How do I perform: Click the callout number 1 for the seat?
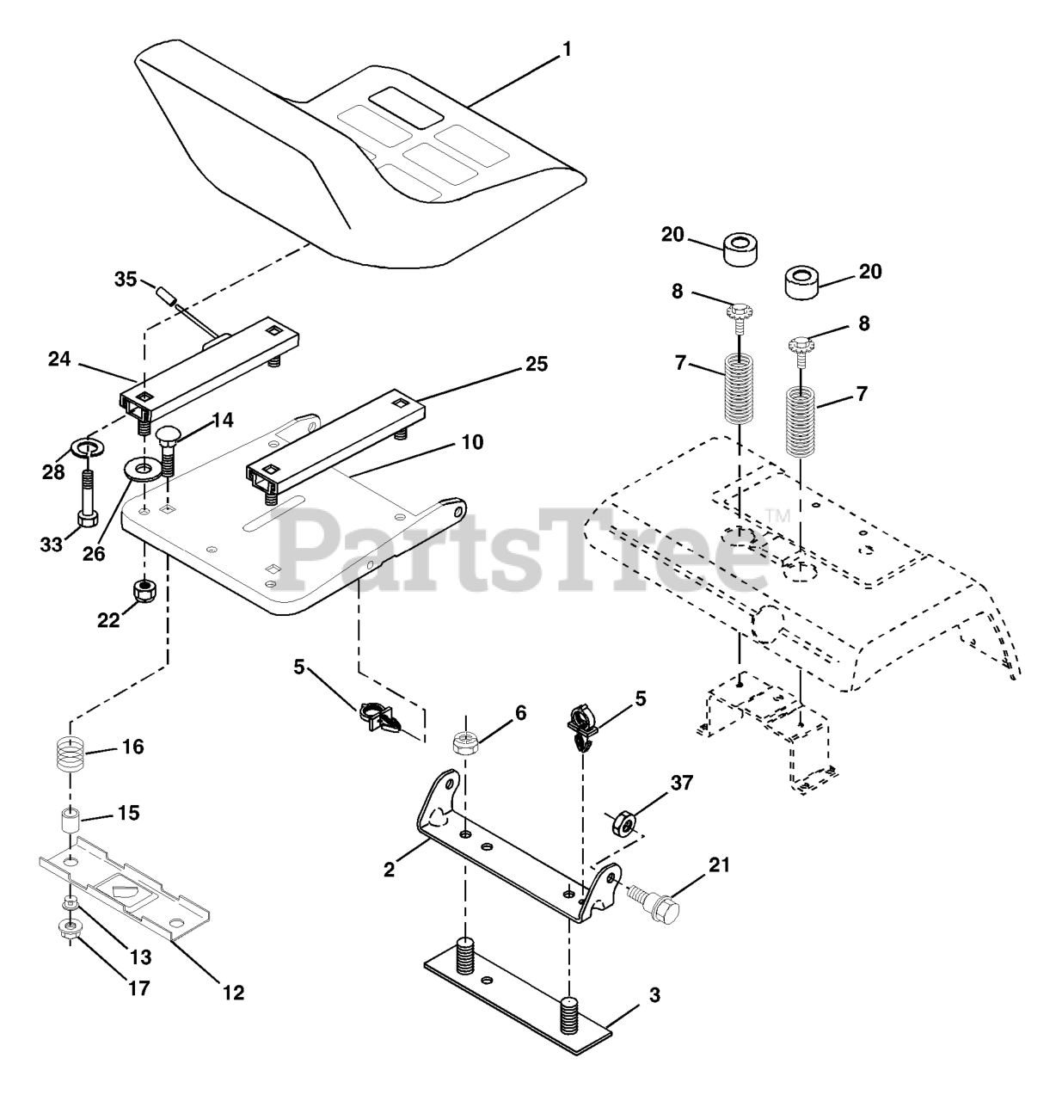[565, 50]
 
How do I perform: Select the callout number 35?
[126, 279]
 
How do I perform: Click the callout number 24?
[59, 361]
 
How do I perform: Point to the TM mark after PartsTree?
[777, 516]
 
